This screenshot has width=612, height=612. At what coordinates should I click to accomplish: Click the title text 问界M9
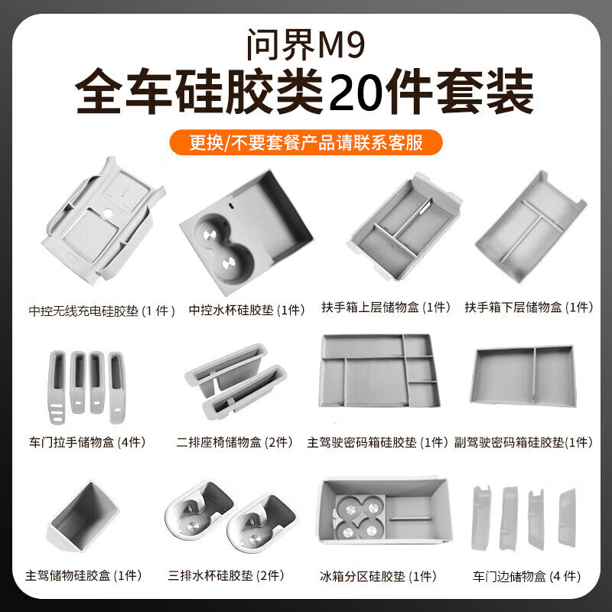coord(306,44)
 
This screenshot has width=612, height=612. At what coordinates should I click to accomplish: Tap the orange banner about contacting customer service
coord(306,142)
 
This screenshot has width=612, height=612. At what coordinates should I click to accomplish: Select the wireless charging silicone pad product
coord(103,220)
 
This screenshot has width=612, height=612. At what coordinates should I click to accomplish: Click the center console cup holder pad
coord(246,230)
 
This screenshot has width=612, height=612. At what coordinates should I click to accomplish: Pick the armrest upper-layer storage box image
coord(405,226)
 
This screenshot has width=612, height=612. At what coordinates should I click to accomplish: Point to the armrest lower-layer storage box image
coord(531,226)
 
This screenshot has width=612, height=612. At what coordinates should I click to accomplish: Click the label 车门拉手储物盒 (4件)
coord(87,442)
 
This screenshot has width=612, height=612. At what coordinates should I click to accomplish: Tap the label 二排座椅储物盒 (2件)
coord(235,442)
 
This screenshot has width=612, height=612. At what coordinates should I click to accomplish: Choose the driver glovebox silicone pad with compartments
coord(379,370)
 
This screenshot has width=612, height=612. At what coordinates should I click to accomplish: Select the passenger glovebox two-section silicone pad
coord(523,376)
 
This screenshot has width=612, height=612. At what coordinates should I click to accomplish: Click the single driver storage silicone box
coord(83,516)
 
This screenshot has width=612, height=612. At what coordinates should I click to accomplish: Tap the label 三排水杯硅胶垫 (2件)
coord(226,575)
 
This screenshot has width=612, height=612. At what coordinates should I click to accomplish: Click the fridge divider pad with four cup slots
coord(385,509)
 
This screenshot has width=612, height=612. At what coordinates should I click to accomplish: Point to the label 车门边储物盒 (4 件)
coord(526,576)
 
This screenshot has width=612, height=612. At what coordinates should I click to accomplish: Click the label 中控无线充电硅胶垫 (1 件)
coord(102,311)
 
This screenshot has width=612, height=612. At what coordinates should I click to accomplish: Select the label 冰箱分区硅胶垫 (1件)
coord(378,576)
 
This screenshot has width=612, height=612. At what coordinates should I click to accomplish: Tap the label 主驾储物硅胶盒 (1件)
coord(83,575)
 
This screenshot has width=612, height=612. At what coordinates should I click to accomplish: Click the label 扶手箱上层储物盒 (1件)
coord(386,308)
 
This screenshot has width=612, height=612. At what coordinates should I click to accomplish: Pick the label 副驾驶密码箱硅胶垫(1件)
coord(523,442)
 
